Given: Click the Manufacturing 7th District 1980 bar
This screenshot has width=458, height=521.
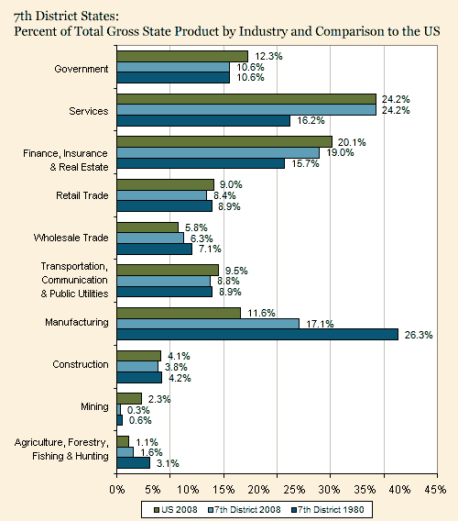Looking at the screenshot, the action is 257,334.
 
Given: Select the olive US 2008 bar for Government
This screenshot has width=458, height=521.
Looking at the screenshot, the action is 182,57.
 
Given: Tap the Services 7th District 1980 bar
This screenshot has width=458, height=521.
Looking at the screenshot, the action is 203,120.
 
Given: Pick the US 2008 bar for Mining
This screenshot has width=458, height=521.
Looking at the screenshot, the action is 129,399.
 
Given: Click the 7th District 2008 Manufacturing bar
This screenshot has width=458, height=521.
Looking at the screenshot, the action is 208,324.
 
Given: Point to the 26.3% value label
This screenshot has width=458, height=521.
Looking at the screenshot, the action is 419,335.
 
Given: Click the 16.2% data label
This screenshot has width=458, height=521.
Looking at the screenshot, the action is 311,120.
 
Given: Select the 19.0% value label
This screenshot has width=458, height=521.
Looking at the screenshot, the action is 340,152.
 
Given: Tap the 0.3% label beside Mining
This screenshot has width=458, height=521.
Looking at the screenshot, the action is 138,410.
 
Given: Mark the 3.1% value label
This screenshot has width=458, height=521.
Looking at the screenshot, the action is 168,463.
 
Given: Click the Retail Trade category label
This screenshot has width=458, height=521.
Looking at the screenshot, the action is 82,195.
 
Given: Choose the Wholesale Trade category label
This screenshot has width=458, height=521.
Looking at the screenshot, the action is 71,238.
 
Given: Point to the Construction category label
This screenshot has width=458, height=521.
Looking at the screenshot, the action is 81,364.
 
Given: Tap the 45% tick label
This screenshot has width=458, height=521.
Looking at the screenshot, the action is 435,490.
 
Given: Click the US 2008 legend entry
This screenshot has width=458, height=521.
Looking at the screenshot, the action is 176,510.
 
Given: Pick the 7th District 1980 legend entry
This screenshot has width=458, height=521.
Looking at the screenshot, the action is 327,510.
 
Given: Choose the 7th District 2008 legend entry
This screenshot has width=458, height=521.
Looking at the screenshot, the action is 244,510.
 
